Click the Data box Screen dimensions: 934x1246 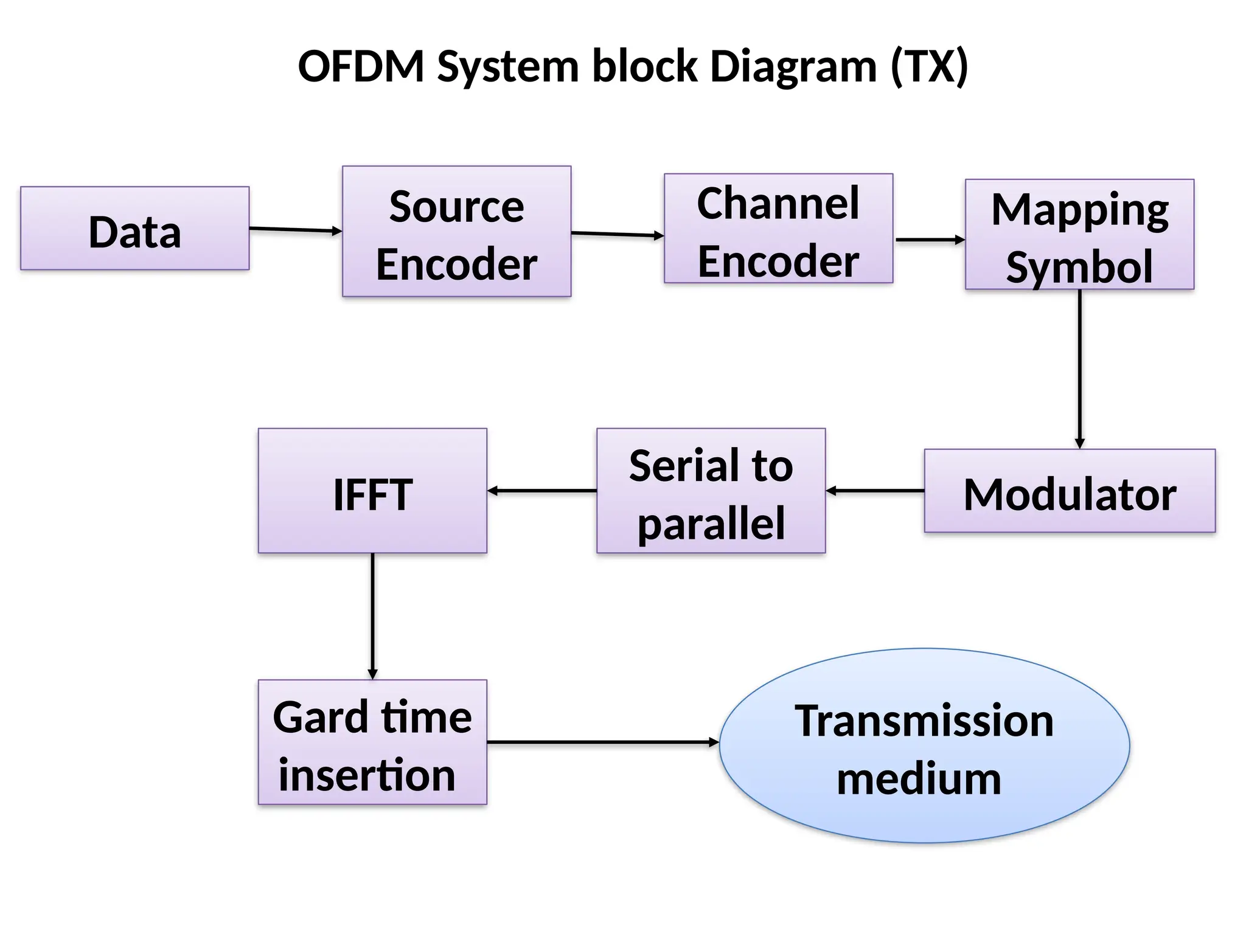(134, 229)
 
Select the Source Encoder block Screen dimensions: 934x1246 (456, 232)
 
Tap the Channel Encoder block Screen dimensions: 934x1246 (778, 229)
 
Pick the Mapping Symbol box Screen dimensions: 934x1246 (1079, 235)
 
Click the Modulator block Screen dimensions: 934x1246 (1070, 491)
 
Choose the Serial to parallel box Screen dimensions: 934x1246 (711, 491)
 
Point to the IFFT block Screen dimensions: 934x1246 (372, 491)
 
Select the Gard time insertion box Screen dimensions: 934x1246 (372, 742)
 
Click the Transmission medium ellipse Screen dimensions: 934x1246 (924, 746)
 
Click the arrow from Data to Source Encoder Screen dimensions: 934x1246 (295, 230)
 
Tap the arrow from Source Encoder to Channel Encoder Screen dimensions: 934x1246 (617, 234)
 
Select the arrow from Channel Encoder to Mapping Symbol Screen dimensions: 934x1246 (929, 240)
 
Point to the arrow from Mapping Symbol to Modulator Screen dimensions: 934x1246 (1080, 368)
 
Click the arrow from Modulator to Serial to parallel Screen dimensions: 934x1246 (875, 491)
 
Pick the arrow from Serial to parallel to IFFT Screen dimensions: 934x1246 (541, 491)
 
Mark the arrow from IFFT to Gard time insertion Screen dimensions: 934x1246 (372, 615)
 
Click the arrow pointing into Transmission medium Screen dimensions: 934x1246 (602, 742)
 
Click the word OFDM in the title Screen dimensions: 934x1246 (361, 66)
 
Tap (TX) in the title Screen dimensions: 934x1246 (929, 66)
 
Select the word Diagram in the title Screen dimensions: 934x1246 (793, 66)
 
